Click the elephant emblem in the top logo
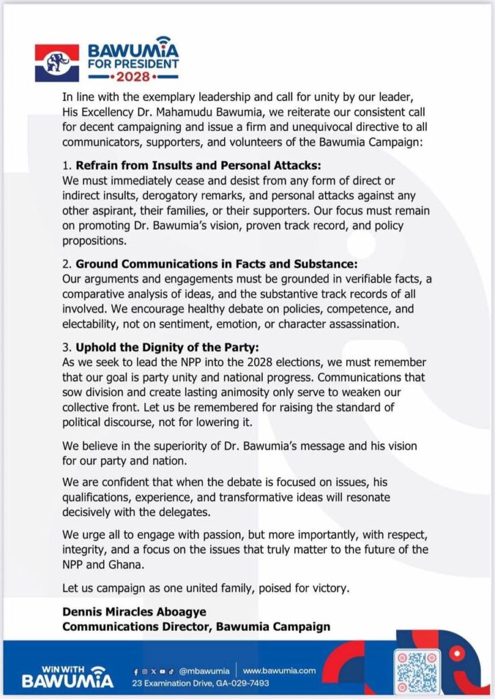pos(57,63)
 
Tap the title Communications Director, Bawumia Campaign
pos(197,626)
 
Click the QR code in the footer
pos(417,670)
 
